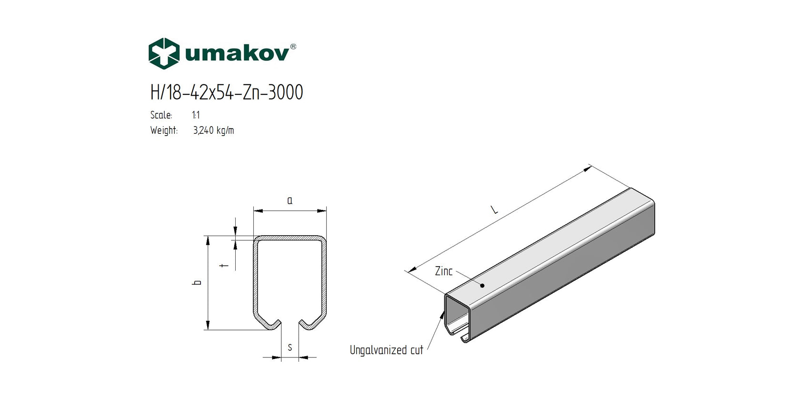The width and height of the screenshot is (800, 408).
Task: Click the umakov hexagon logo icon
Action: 164,53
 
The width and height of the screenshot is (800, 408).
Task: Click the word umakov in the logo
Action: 236,53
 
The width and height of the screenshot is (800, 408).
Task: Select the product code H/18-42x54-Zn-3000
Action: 226,92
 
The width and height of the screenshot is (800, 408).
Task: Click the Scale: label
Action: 161,115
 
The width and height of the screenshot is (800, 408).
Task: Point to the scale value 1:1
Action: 196,115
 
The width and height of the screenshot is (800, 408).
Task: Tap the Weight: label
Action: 164,130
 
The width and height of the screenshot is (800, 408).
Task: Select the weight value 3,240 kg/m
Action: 213,130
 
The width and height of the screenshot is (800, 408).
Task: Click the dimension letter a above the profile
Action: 290,200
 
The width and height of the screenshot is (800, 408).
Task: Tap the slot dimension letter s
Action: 290,348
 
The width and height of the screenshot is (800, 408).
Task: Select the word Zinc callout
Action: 443,271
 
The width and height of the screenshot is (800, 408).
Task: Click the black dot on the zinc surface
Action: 482,286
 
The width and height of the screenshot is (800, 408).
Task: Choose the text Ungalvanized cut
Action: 386,350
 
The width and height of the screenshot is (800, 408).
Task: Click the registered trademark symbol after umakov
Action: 293,47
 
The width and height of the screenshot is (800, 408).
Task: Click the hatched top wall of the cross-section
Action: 290,238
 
